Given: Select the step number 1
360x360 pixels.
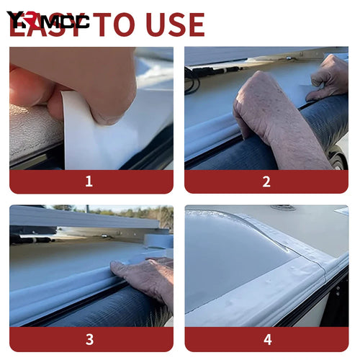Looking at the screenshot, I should pyautogui.click(x=89, y=181).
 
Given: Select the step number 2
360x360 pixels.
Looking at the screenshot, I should pyautogui.click(x=266, y=181).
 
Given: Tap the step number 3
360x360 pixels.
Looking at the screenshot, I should pyautogui.click(x=89, y=339).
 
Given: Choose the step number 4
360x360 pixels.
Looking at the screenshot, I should pyautogui.click(x=266, y=339).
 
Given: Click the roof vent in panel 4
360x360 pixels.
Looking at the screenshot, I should pyautogui.click(x=282, y=208).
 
